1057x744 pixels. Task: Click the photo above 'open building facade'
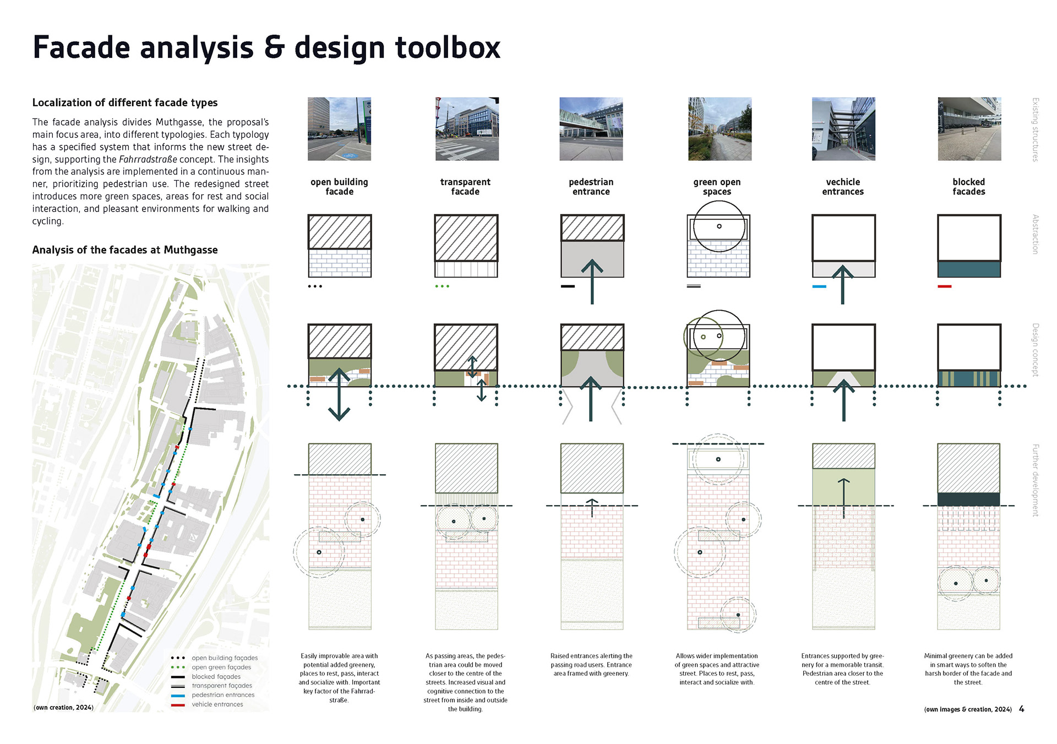pos(339,129)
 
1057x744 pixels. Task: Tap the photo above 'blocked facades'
pos(969,129)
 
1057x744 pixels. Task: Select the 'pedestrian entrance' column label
pos(591,187)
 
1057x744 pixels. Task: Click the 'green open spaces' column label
pos(717,187)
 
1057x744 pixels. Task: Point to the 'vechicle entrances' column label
pos(843,187)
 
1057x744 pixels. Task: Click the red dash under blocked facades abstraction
pos(945,286)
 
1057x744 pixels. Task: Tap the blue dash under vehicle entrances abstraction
pos(819,286)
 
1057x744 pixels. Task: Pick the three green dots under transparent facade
pos(442,286)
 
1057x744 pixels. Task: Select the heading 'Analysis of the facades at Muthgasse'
pos(125,250)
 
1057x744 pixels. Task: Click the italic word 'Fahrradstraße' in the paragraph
pos(148,160)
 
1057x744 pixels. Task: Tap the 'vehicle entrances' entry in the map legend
pos(217,704)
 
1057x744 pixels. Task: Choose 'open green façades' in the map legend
pos(221,667)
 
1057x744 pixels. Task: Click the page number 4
pos(1021,709)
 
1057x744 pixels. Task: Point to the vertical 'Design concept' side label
pos(1035,350)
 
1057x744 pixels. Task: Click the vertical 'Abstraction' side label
pos(1035,234)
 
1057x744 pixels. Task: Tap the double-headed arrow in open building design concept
pos(339,394)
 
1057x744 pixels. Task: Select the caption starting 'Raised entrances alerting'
pos(591,665)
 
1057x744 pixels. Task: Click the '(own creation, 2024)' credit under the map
pos(63,708)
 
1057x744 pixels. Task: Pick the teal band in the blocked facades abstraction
pos(969,269)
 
